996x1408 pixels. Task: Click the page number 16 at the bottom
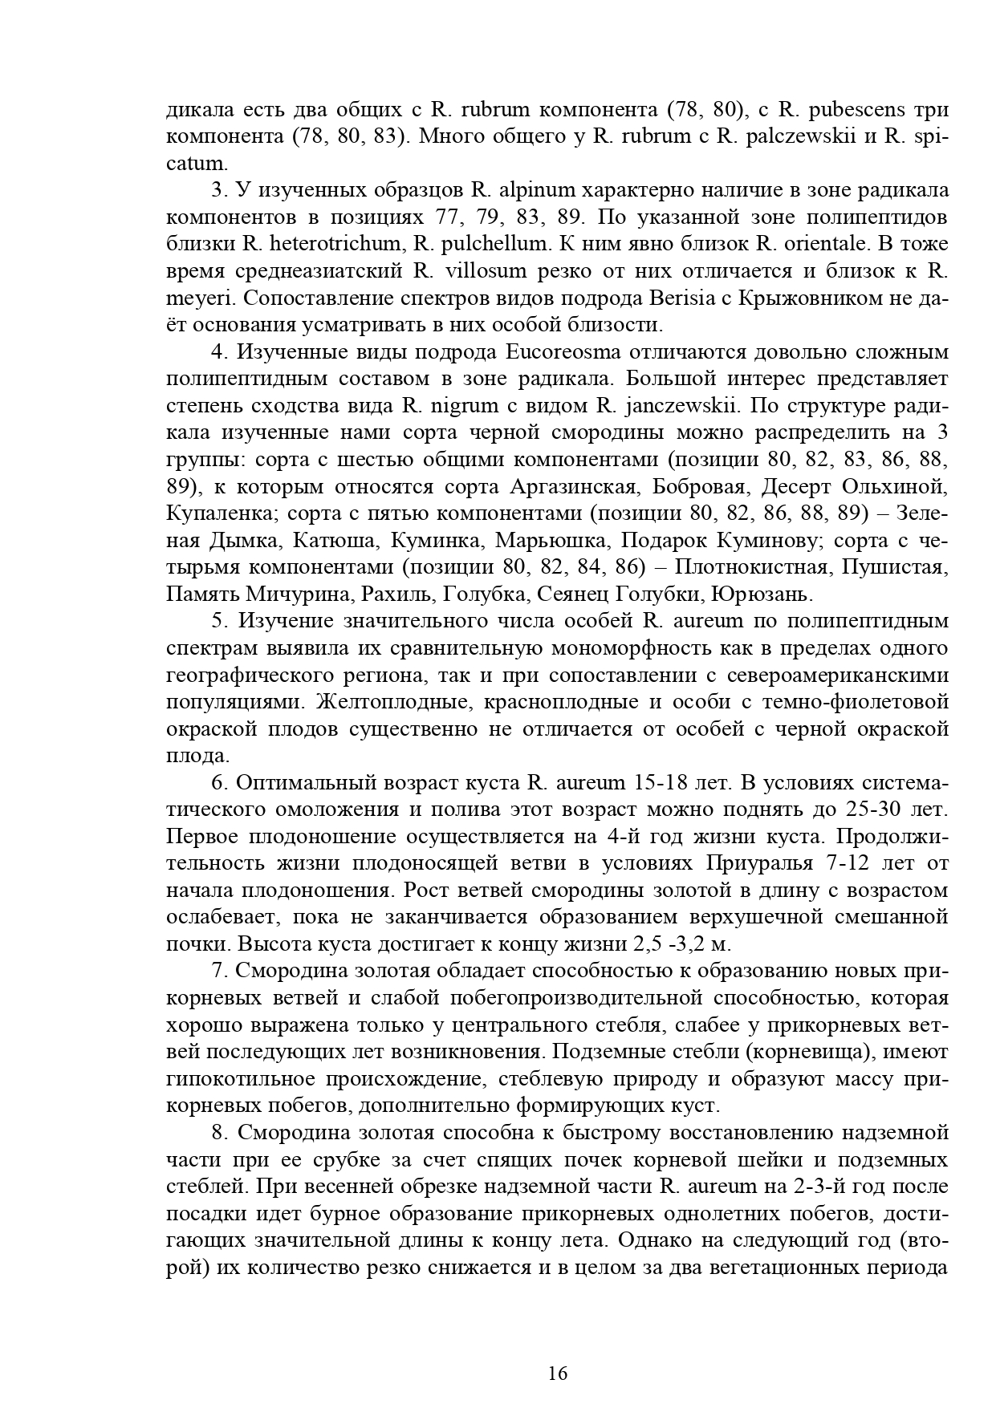click(558, 1373)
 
